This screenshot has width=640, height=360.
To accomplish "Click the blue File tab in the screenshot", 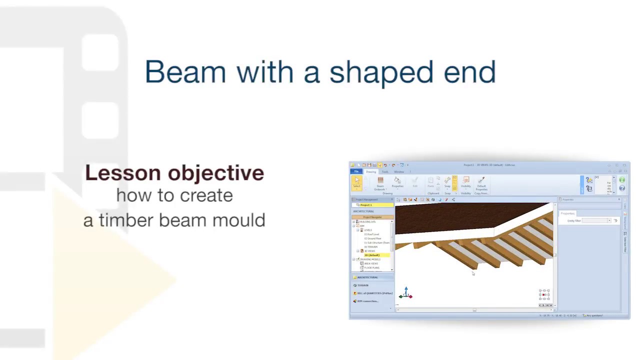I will click(x=356, y=171).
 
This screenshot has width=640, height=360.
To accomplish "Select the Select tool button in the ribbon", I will click(x=357, y=182).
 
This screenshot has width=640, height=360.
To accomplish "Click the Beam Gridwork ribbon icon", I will click(x=380, y=182).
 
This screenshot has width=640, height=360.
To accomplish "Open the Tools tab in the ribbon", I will click(x=384, y=171).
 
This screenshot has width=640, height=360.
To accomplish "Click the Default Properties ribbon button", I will click(x=481, y=182).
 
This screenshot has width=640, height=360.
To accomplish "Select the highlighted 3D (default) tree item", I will click(x=373, y=255).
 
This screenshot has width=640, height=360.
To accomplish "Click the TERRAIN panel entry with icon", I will click(x=362, y=285).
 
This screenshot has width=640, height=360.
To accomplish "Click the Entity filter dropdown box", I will click(x=596, y=220).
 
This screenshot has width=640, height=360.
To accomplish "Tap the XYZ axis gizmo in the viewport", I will click(x=406, y=293).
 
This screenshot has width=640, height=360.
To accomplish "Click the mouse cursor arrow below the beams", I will click(x=473, y=273).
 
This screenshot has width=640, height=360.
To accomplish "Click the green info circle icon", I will click(x=622, y=180).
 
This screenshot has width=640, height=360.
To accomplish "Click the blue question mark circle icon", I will click(x=622, y=188).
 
